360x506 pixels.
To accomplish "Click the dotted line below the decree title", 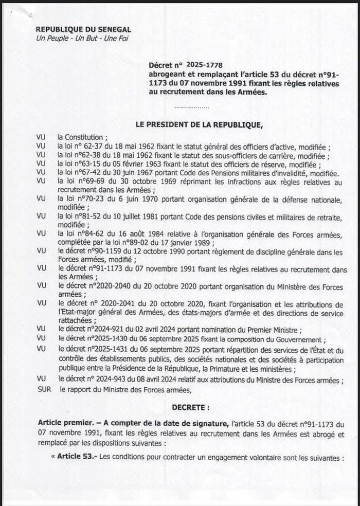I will click(x=192, y=107).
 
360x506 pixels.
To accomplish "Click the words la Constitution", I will click(x=82, y=137).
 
